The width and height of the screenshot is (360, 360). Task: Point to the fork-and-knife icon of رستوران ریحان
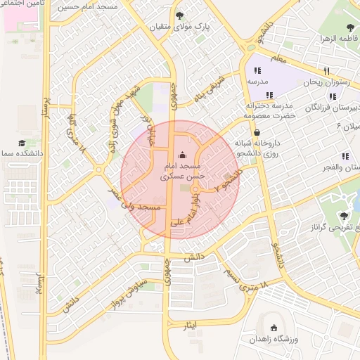(x=326, y=71)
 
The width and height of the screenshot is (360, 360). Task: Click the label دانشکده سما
(x=22, y=152)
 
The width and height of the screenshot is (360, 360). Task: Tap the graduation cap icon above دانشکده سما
(x=22, y=141)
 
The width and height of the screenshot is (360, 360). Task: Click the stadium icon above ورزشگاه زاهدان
(x=274, y=328)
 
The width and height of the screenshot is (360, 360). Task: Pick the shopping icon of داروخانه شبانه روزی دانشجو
(x=257, y=131)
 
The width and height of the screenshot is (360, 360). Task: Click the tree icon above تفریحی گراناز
(x=345, y=216)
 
